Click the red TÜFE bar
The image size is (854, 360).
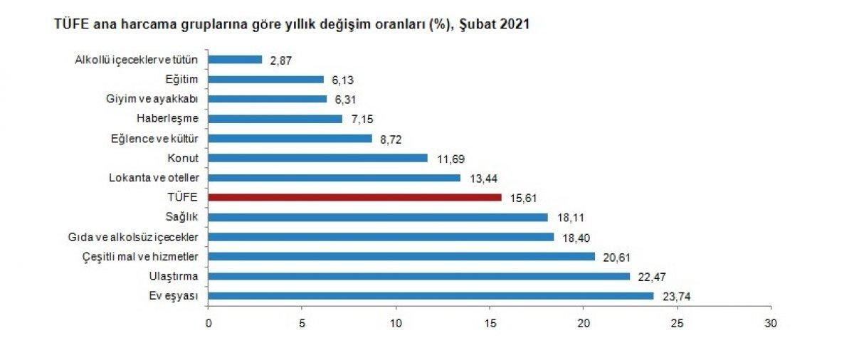click(x=354, y=197)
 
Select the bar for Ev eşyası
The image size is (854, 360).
click(x=431, y=295)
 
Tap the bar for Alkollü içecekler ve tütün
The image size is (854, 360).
click(x=235, y=60)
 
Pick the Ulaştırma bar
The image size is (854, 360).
click(x=418, y=276)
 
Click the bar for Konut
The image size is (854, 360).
click(x=317, y=158)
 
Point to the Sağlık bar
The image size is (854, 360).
click(x=378, y=217)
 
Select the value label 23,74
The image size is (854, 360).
click(x=675, y=297)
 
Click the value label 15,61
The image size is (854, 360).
click(x=523, y=198)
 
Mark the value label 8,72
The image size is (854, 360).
click(x=392, y=139)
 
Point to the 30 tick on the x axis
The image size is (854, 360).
click(x=771, y=324)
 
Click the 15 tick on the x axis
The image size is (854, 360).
click(x=490, y=324)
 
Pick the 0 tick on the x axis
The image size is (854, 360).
click(x=209, y=324)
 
